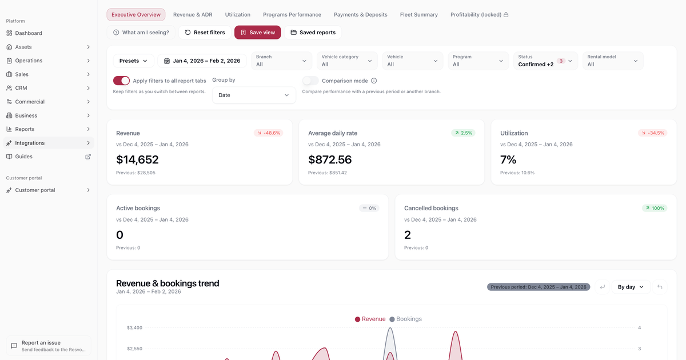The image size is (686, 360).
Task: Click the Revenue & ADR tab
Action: pos(193,14)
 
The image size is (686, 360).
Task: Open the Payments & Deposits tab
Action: pos(360,14)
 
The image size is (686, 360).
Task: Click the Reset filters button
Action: pos(205,33)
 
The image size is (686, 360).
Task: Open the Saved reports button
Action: pos(313,33)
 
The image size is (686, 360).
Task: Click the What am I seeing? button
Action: pos(141,33)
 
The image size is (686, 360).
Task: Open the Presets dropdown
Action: pos(133,61)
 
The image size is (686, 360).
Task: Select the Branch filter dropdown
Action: pos(282,61)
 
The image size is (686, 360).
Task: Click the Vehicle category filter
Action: pos(347,61)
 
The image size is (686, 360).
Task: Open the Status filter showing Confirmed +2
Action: pos(545,61)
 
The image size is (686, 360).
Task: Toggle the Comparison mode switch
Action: pos(310,81)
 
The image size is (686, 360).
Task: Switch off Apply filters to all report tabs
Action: pos(121,81)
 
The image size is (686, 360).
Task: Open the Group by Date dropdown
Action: pos(254,95)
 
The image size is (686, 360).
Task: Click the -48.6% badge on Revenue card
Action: pos(268,133)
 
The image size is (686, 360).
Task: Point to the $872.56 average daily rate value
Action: pos(330,159)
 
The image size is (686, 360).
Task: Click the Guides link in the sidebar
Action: pos(24,157)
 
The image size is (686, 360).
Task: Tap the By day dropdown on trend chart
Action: pos(631,287)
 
